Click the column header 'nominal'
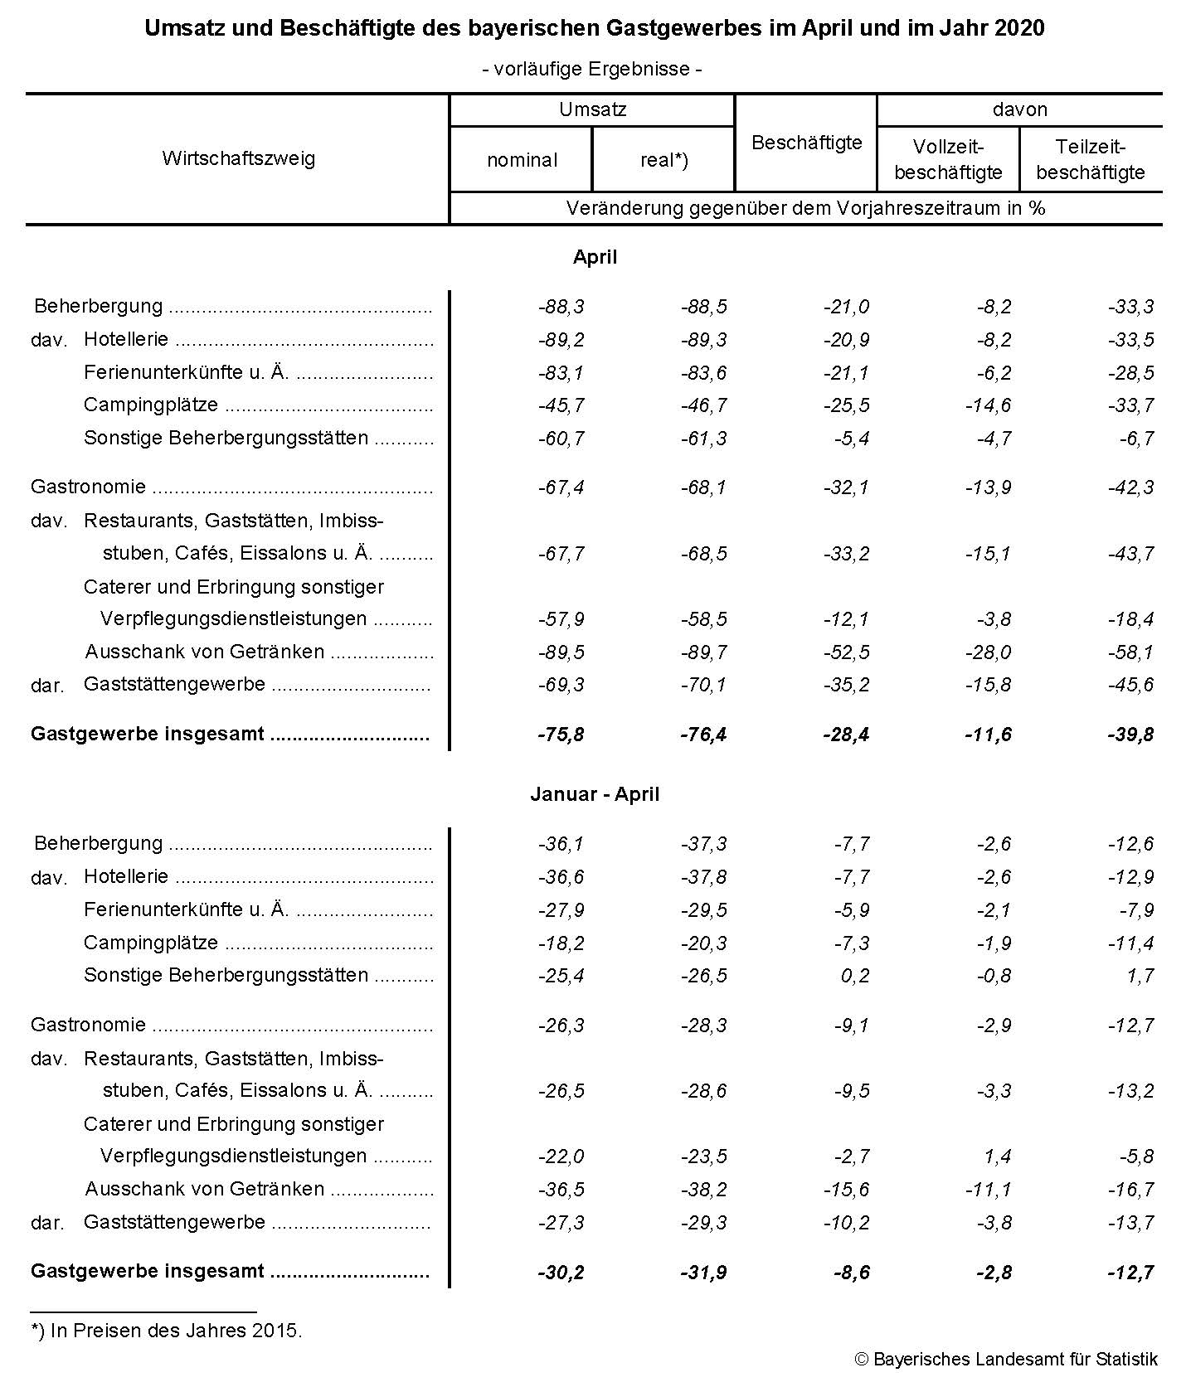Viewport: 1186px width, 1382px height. coord(522,160)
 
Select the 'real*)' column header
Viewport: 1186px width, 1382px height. coord(664,160)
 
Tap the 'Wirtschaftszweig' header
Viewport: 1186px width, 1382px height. coord(238,158)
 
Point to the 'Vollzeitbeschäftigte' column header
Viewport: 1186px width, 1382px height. coord(948,159)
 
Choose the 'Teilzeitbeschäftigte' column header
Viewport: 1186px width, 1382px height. coord(1091,159)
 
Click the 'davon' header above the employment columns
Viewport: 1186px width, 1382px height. coord(1019,109)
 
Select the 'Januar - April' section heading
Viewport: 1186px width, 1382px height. coord(595,794)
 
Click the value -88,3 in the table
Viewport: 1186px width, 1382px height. coord(561,307)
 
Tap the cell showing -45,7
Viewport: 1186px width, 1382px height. coord(561,405)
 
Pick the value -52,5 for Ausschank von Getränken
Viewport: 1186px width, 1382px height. coord(846,652)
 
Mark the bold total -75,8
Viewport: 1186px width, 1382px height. coord(561,735)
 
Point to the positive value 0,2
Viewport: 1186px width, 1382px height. coord(855,976)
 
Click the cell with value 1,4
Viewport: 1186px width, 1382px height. coord(998,1157)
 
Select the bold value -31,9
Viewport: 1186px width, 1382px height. coord(703,1272)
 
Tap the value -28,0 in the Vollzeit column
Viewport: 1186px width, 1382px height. coord(988,652)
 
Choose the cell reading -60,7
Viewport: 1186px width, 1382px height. coord(561,439)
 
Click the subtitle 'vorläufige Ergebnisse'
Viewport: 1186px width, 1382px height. coord(592,69)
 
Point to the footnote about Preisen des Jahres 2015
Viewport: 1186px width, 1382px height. coord(167,1331)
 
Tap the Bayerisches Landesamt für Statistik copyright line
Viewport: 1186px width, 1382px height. coord(1006,1360)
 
